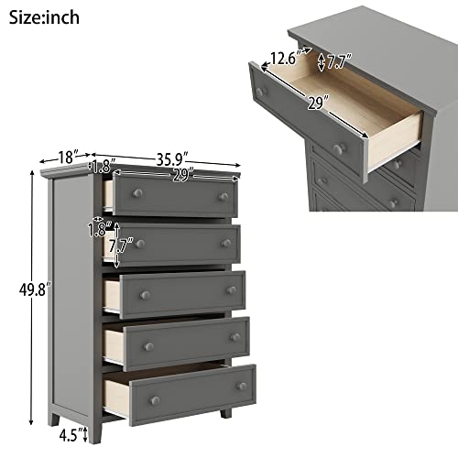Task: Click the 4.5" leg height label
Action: (72, 431)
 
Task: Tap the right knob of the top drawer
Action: (223, 196)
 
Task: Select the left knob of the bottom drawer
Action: (154, 398)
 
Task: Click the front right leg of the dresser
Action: (226, 412)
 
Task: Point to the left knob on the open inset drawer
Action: (260, 93)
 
